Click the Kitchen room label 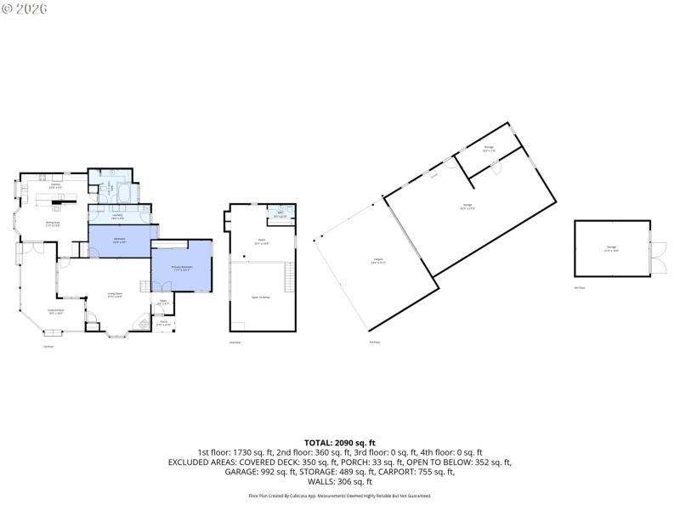click(x=55, y=185)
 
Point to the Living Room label click(x=115, y=295)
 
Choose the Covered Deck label click(x=56, y=312)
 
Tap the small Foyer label click(x=162, y=302)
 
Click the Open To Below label click(x=261, y=297)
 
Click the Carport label click(x=377, y=260)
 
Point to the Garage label click(x=467, y=207)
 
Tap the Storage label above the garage click(x=489, y=148)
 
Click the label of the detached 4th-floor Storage click(x=612, y=247)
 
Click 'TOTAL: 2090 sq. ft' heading click(x=340, y=442)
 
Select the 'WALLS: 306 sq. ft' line click(x=340, y=482)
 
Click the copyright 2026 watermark click(x=25, y=8)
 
